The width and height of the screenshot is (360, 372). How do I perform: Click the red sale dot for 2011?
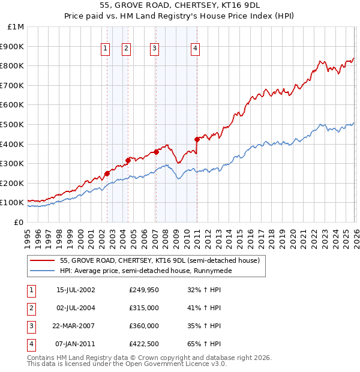coord(197,139)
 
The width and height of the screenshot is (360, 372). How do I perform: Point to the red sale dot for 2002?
coord(107,173)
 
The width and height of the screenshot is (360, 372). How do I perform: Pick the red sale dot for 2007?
coord(156,152)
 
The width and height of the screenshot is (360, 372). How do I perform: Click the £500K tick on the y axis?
coord(12,124)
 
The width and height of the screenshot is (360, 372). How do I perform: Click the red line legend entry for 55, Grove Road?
coord(160,260)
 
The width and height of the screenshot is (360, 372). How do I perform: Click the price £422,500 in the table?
coord(144,344)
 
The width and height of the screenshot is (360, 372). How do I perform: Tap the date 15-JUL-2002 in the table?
coord(76,290)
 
